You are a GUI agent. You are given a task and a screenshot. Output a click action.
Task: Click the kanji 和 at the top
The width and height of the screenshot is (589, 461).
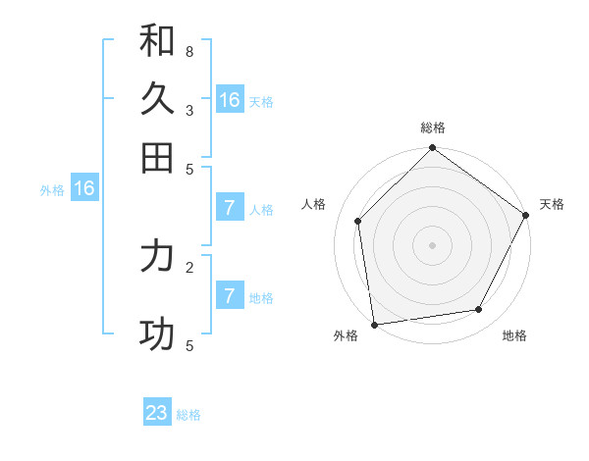click(x=157, y=40)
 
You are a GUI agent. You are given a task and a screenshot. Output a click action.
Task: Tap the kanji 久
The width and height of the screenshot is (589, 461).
click(x=157, y=99)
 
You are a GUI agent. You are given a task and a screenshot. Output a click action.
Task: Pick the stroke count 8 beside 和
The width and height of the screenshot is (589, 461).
click(x=189, y=51)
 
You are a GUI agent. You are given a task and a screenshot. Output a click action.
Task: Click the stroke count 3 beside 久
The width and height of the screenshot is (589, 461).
click(x=189, y=110)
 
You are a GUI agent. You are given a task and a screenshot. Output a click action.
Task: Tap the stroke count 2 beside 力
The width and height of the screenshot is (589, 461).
click(x=189, y=266)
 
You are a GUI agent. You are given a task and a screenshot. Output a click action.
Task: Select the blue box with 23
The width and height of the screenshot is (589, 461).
click(x=157, y=413)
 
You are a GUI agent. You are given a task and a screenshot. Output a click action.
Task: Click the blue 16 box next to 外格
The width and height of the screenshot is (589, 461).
click(x=84, y=189)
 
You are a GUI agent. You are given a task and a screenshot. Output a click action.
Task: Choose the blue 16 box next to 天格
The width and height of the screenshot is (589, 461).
click(x=230, y=100)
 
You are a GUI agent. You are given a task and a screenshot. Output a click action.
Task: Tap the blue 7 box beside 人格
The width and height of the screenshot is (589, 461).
click(x=229, y=208)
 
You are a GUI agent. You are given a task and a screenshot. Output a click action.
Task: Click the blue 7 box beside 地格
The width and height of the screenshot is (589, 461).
click(x=229, y=296)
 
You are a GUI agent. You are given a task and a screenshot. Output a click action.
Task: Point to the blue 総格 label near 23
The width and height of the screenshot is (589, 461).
click(x=189, y=415)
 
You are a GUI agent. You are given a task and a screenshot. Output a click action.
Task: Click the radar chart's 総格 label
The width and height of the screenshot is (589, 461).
click(x=433, y=128)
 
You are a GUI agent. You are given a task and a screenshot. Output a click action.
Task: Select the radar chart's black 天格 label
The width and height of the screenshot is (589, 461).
click(x=552, y=204)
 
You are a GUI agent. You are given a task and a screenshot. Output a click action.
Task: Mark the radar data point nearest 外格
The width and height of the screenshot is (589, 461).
click(x=374, y=324)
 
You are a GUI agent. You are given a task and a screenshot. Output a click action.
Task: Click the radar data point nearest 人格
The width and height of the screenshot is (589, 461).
click(x=358, y=221)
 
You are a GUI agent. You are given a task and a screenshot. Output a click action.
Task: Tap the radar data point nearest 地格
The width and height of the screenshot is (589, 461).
click(x=479, y=309)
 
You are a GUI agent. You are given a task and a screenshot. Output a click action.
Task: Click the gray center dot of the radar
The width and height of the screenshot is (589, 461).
click(x=432, y=244)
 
